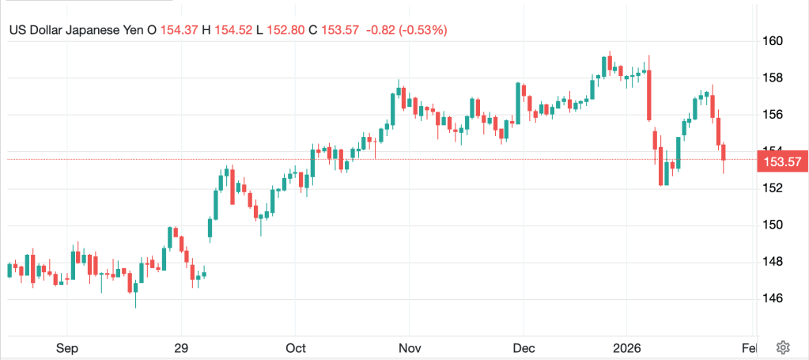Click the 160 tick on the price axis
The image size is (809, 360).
(773, 41)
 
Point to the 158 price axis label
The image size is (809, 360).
(773, 78)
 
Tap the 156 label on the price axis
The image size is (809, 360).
(773, 115)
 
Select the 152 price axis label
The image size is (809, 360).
(773, 188)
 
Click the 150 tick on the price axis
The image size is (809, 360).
(773, 225)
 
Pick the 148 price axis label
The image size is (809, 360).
(773, 262)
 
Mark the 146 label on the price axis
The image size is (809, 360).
(773, 298)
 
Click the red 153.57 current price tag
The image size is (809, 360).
(780, 162)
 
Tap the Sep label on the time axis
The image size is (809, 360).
(66, 348)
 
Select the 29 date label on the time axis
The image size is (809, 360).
(181, 348)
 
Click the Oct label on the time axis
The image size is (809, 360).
(296, 348)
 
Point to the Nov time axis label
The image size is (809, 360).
(409, 348)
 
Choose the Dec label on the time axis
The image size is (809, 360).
(524, 348)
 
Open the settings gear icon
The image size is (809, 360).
(783, 347)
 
